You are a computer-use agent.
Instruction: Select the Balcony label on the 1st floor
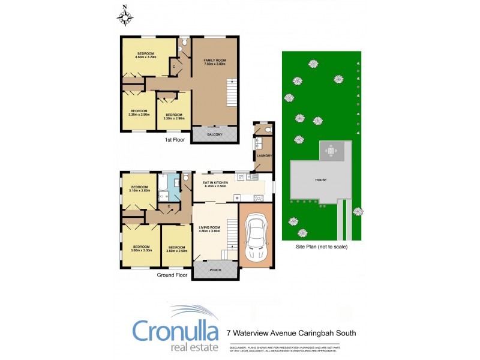pyautogui.click(x=215, y=134)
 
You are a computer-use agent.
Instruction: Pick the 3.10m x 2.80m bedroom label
pyautogui.click(x=140, y=188)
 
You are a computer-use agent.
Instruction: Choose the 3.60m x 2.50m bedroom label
pyautogui.click(x=177, y=249)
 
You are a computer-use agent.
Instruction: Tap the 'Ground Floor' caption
pyautogui.click(x=172, y=275)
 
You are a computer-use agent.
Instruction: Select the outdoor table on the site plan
pyautogui.click(x=331, y=151)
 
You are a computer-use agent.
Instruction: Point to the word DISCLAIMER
pyautogui.click(x=238, y=347)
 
